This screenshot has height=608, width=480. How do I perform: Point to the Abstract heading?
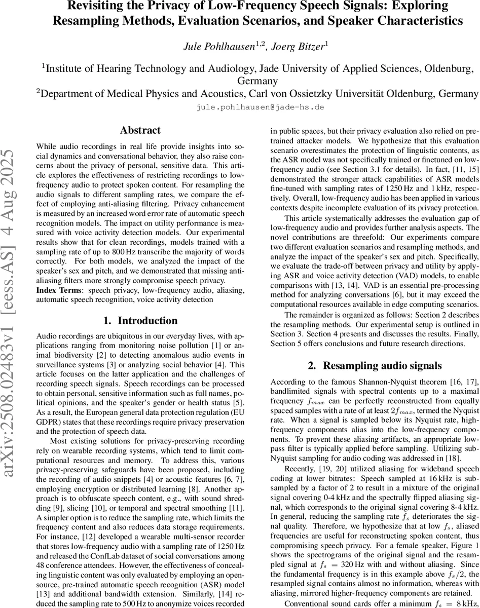point(140,131)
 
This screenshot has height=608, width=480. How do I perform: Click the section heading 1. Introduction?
point(140,320)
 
